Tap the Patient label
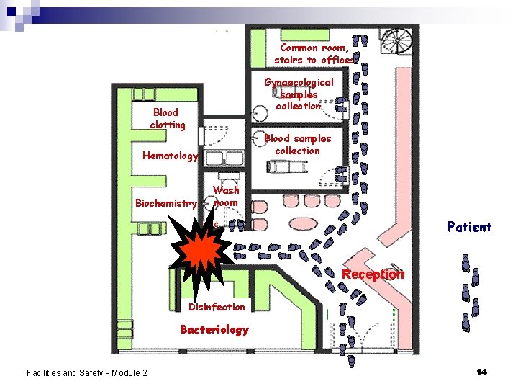point(469,227)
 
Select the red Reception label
point(373,274)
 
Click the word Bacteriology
point(214,330)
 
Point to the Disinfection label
point(217,307)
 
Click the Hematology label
point(171,156)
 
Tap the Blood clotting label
point(167,118)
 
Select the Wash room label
point(226,197)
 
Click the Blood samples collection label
point(298,144)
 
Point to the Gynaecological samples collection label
point(299,94)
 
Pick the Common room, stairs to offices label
point(314,54)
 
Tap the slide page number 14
point(481,372)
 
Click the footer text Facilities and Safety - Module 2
point(86,372)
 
